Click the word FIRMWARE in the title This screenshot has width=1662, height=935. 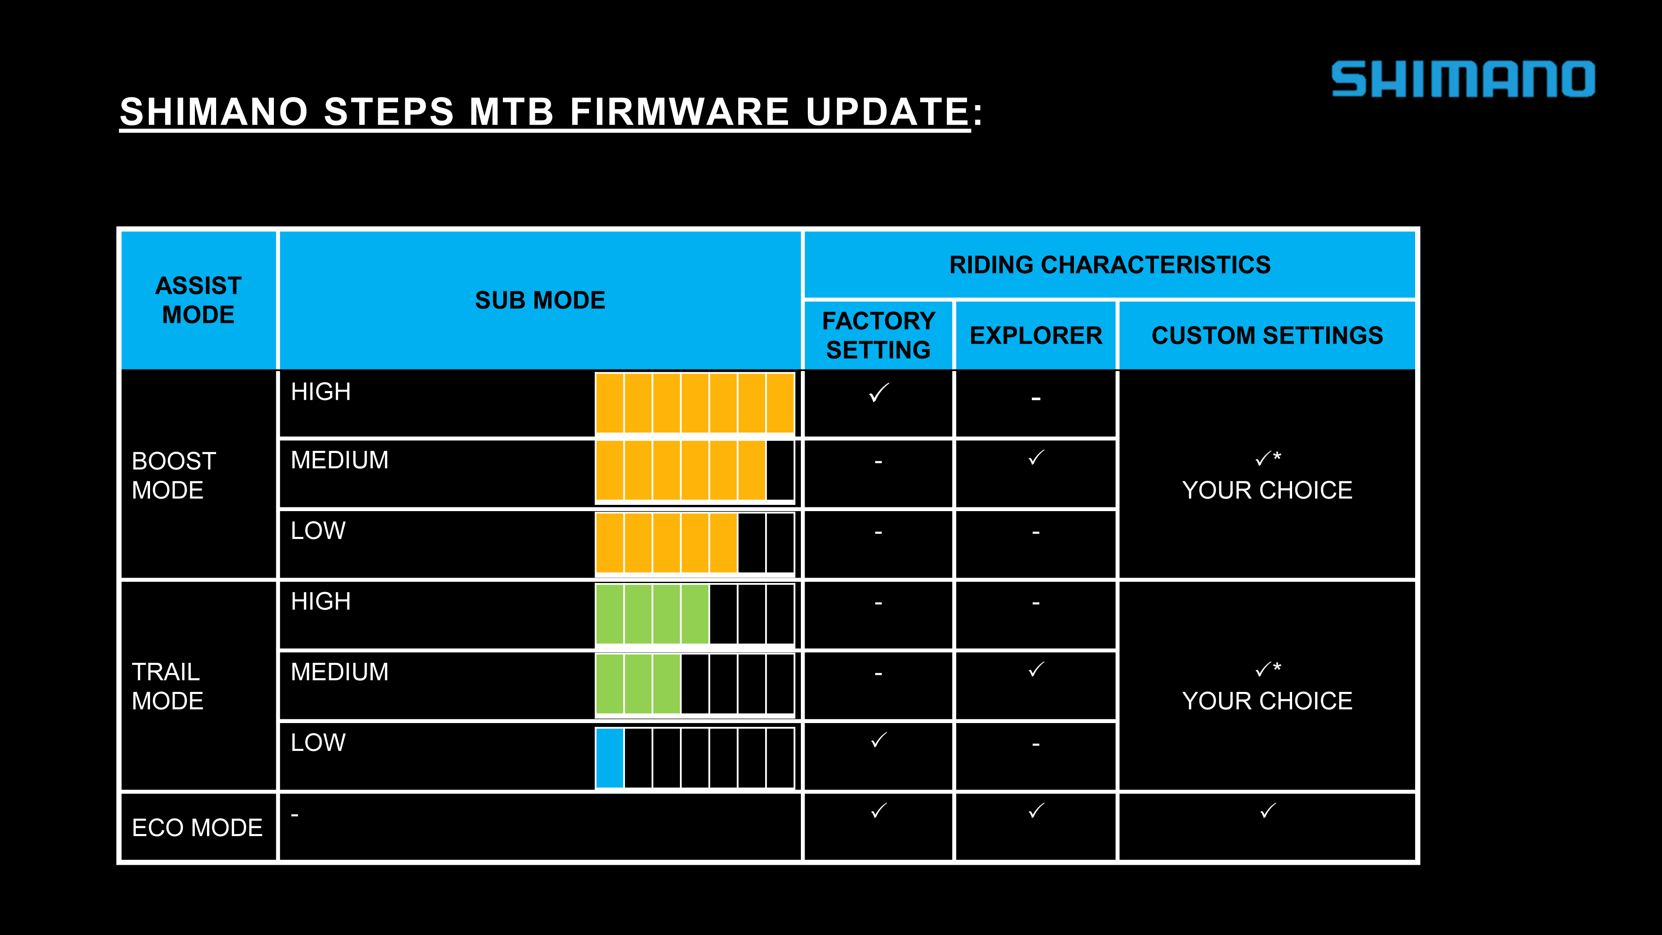pyautogui.click(x=680, y=112)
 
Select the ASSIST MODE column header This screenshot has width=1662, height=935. pyautogui.click(x=199, y=300)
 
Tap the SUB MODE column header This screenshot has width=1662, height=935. pyautogui.click(x=540, y=300)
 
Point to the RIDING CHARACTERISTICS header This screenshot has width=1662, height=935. pyautogui.click(x=1110, y=265)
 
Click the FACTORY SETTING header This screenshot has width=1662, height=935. pyautogui.click(x=879, y=335)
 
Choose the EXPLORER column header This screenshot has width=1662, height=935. pyautogui.click(x=1036, y=335)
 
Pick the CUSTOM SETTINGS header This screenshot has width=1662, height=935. pyautogui.click(x=1267, y=335)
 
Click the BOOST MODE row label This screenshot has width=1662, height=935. pyautogui.click(x=174, y=475)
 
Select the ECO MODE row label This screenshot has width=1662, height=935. pyautogui.click(x=197, y=827)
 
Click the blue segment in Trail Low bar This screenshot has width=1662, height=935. pyautogui.click(x=609, y=758)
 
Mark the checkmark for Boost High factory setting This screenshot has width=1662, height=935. pyautogui.click(x=879, y=392)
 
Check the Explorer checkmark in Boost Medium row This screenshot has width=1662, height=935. pyautogui.click(x=1036, y=458)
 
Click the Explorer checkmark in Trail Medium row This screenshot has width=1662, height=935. pyautogui.click(x=1036, y=670)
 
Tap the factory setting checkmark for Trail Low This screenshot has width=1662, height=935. pyautogui.click(x=879, y=740)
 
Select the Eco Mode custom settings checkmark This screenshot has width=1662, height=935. pyautogui.click(x=1268, y=810)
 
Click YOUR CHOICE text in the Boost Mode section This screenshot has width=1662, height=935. pyautogui.click(x=1267, y=490)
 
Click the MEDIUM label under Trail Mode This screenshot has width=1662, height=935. pyautogui.click(x=340, y=672)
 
